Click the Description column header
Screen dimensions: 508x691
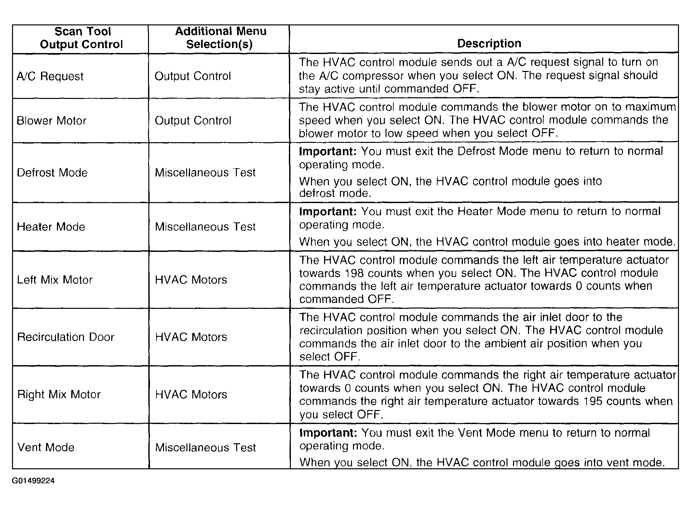tap(489, 43)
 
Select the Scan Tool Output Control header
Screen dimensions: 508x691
tap(82, 38)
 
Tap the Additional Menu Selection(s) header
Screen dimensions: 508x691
tap(220, 38)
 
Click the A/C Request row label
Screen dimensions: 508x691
tap(50, 76)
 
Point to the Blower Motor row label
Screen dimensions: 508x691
tap(51, 121)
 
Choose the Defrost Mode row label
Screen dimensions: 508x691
tap(52, 172)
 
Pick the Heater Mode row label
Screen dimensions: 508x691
tap(51, 227)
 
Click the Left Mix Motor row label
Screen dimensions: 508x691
tap(55, 280)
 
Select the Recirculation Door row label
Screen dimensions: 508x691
tap(65, 337)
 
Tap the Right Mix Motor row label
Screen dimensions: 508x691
tap(59, 394)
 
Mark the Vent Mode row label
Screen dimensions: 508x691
tap(46, 447)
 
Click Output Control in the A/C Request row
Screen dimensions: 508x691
tap(193, 76)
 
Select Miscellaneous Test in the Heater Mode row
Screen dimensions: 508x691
tap(205, 227)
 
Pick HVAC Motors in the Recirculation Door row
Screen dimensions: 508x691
tap(191, 337)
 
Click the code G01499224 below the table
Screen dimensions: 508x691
tap(33, 481)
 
